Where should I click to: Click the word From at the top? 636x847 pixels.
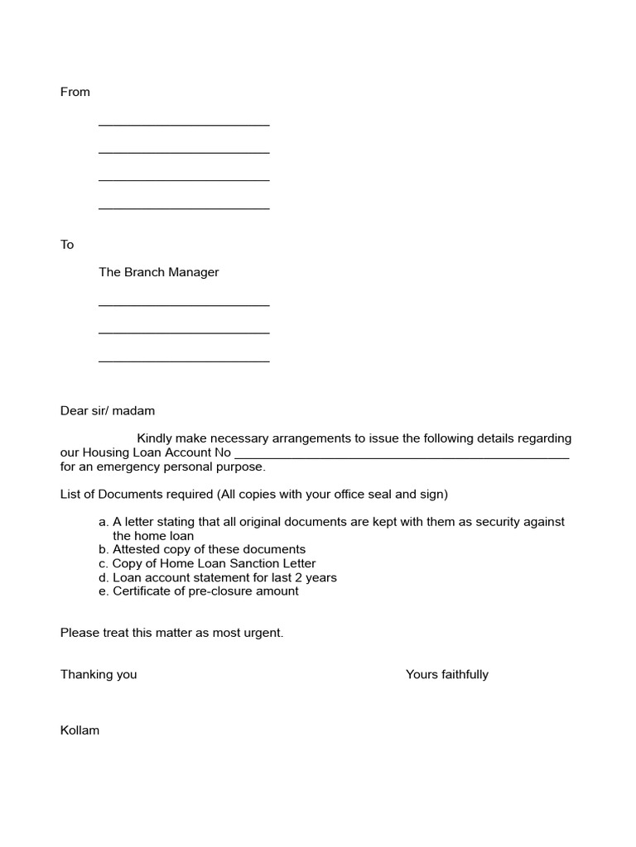click(75, 92)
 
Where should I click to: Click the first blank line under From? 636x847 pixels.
click(184, 125)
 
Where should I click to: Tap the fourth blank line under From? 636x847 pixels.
click(184, 208)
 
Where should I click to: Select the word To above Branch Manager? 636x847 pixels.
click(67, 245)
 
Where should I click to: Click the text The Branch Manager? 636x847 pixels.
click(158, 272)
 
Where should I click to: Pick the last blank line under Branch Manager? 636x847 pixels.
click(184, 361)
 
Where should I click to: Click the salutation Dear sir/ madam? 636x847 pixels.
click(108, 410)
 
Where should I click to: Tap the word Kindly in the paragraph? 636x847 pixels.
click(155, 438)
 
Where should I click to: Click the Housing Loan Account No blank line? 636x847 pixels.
click(402, 457)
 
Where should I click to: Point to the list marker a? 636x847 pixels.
click(103, 522)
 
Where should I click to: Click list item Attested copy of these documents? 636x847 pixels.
click(209, 549)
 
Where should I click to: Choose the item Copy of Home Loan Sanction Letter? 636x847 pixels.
click(214, 563)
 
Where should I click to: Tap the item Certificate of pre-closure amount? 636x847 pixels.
click(205, 591)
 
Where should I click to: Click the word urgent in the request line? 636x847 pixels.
click(263, 633)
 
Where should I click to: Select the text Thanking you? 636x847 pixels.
click(99, 674)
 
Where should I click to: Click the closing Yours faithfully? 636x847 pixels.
click(446, 674)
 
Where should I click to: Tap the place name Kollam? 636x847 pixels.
click(79, 730)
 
